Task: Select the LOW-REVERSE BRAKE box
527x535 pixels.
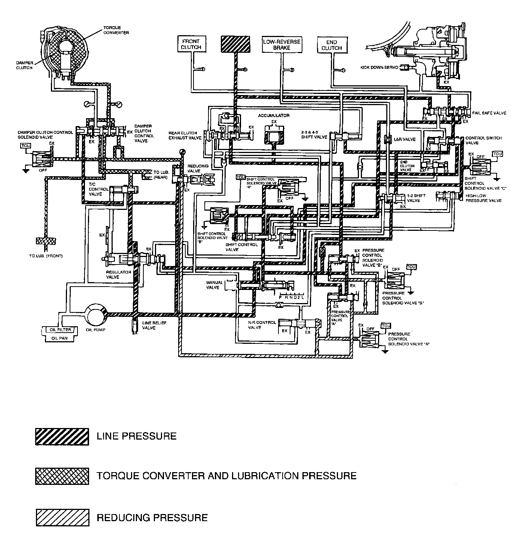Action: click(281, 45)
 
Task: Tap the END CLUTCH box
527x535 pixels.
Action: click(332, 45)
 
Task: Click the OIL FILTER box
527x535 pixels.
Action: click(61, 330)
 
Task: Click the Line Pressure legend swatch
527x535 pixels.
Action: click(62, 436)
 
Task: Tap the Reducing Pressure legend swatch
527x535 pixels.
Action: click(62, 517)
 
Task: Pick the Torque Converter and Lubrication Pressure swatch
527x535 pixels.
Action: click(62, 476)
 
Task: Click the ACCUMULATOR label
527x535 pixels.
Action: click(274, 116)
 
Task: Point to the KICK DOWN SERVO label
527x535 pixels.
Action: click(379, 68)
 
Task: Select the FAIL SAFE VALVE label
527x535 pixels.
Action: click(489, 113)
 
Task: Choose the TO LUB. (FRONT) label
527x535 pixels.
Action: click(46, 256)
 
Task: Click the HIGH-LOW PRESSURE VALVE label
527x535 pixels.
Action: click(483, 198)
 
